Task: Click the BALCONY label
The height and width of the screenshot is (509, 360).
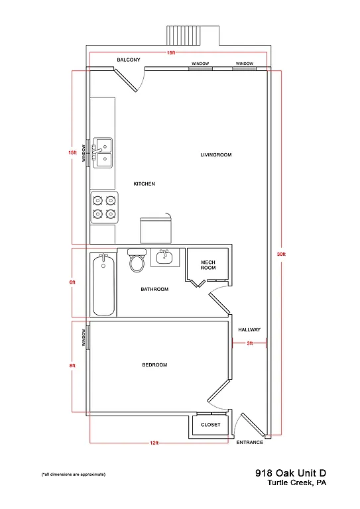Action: point(129,60)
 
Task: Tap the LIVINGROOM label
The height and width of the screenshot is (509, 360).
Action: point(215,155)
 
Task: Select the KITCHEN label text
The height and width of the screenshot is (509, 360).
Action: point(144,184)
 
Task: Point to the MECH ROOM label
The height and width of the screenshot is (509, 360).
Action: point(208,265)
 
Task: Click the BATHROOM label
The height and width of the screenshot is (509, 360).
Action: point(154,289)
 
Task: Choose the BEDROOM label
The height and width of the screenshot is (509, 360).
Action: point(154,365)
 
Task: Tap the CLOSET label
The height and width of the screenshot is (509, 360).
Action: point(210,424)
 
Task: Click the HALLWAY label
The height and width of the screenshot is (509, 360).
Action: point(249,329)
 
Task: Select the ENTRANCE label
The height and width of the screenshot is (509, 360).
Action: point(250,442)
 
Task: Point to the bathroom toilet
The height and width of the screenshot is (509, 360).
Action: point(137,261)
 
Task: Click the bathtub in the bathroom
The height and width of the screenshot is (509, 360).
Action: point(103,285)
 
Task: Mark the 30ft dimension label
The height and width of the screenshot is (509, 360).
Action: point(282,254)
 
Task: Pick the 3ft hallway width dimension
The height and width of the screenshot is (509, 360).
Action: point(250,343)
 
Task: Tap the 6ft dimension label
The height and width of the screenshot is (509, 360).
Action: point(72,282)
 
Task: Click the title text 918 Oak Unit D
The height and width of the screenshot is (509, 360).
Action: point(291,473)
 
